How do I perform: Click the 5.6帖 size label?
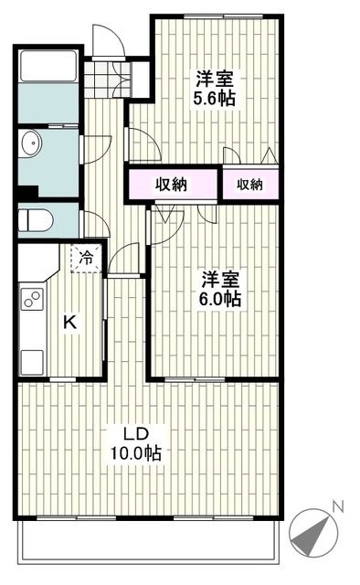point(214,98)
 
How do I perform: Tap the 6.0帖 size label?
point(219,299)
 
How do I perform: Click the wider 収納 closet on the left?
point(171,185)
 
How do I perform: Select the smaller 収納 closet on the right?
point(249,185)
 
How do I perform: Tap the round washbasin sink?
point(33,144)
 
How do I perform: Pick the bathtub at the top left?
point(49,66)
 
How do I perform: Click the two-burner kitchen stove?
point(32,300)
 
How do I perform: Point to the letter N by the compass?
point(337,505)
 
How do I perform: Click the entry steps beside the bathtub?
point(104,76)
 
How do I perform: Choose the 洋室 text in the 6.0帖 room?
point(219,279)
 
